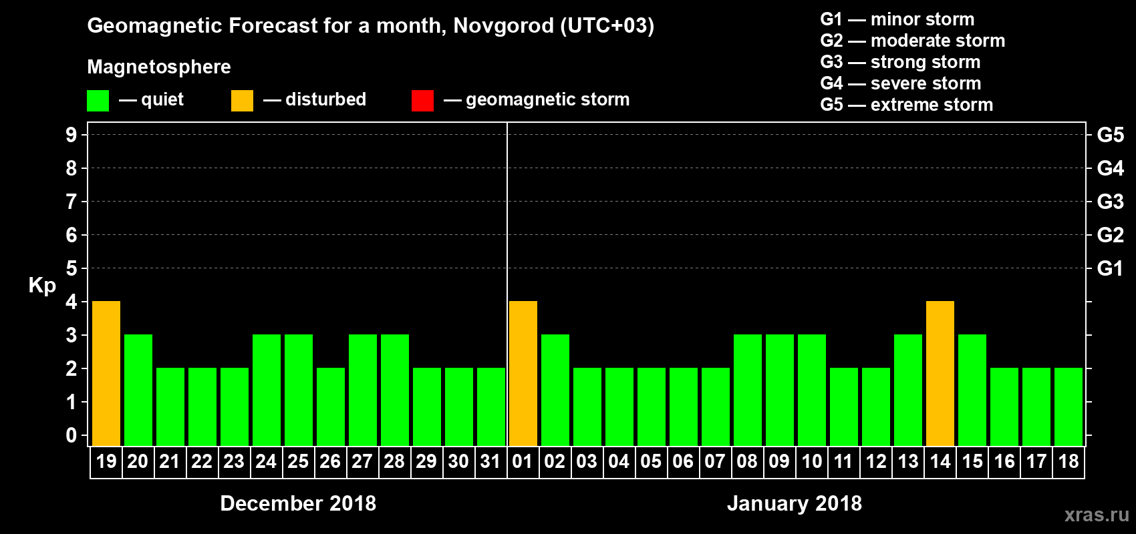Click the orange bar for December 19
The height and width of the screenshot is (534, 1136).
(x=106, y=373)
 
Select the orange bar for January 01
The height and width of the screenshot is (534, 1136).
(x=523, y=373)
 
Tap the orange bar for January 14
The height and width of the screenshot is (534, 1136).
(x=940, y=373)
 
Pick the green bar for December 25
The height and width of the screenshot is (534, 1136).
(x=299, y=390)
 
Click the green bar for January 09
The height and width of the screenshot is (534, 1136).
(x=780, y=390)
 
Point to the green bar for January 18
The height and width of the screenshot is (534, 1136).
(x=1069, y=407)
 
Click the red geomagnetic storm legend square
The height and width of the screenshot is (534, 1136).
(x=422, y=101)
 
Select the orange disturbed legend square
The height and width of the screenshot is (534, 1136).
(x=242, y=101)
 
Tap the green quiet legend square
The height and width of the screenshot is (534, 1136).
(x=98, y=101)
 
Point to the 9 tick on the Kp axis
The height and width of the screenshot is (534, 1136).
(x=72, y=135)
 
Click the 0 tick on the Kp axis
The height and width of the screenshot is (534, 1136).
(x=72, y=435)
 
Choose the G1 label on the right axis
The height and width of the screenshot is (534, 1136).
(x=1110, y=268)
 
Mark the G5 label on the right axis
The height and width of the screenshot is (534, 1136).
(x=1110, y=135)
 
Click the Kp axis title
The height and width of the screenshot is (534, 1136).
(x=42, y=286)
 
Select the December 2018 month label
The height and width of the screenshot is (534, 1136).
(x=298, y=503)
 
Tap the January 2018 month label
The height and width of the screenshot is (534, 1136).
(x=794, y=503)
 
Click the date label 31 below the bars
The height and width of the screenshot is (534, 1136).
(x=490, y=461)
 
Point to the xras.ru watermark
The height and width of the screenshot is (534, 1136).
(x=1096, y=515)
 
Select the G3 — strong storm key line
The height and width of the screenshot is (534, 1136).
(x=900, y=62)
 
